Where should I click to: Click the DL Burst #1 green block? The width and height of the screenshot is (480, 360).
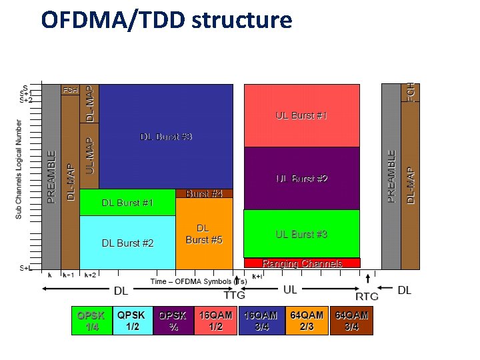coord(127,203)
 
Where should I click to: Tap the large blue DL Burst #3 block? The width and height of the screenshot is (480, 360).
coord(166,137)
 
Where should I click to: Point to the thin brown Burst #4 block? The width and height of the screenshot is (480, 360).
coord(204,193)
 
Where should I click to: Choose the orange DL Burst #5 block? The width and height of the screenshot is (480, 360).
coord(204,234)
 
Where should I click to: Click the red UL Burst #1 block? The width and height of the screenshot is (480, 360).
coord(301,115)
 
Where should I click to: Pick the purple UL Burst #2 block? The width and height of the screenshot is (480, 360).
coord(301,179)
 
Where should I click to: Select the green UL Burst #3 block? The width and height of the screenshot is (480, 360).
coord(301,234)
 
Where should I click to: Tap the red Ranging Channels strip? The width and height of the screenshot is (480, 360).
coord(302,263)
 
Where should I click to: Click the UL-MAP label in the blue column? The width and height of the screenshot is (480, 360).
coord(90,156)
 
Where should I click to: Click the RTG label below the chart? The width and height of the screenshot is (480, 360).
coord(367,295)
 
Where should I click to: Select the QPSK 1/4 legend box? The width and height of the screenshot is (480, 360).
coord(91,321)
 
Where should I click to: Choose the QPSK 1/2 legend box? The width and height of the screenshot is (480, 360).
coord(131,321)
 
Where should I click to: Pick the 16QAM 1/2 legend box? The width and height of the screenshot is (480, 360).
coord(215,321)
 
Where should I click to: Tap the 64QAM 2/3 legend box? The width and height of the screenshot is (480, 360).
coord(307,321)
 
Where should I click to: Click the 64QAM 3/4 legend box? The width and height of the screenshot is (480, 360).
coord(351,321)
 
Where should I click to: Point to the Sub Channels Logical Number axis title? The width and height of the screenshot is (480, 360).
coord(19,169)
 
